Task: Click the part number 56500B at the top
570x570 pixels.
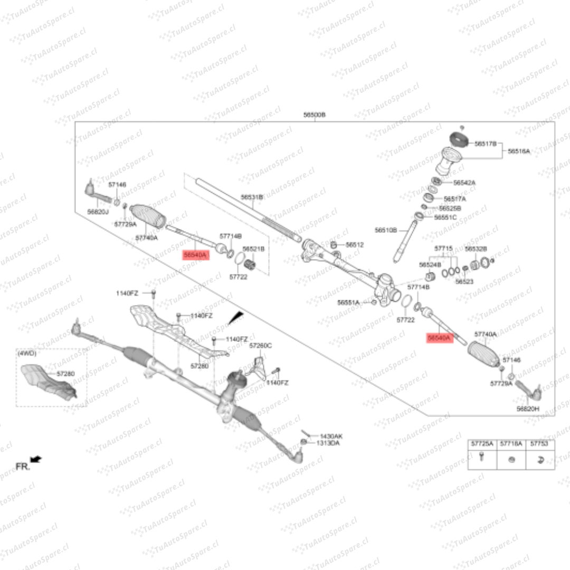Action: tap(315, 115)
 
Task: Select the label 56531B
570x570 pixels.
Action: tap(252, 197)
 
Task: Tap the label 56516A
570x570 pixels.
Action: tap(519, 151)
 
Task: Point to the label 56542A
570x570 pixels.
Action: tap(464, 183)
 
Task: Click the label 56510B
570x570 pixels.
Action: tap(386, 230)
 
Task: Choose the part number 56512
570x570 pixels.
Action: tap(355, 245)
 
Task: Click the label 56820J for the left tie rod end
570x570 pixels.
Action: tap(98, 211)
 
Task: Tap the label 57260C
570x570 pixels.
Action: tap(260, 346)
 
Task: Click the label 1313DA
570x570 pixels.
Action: tap(328, 443)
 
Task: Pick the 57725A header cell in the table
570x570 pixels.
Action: tap(482, 444)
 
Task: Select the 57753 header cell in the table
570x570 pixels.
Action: tap(539, 444)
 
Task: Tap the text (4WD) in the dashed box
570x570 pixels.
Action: tap(26, 353)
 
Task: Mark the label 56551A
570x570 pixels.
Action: tap(348, 302)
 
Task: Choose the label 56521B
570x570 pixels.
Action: tap(253, 248)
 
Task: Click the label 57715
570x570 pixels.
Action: tap(443, 248)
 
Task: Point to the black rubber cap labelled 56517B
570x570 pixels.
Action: tap(459, 140)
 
